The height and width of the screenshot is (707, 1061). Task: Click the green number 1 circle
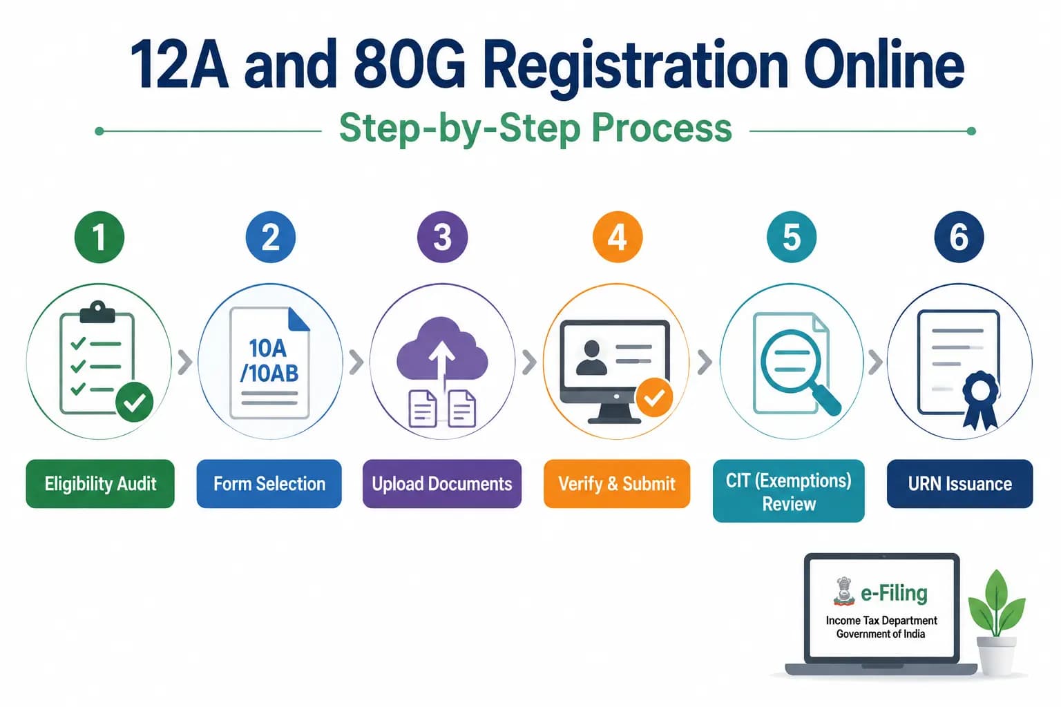coord(99,237)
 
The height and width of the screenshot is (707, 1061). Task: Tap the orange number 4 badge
coord(618,237)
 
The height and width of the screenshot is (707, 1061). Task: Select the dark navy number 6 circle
coord(959,237)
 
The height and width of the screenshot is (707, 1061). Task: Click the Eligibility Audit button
coord(100,483)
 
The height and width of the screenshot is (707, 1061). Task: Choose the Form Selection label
coord(269,483)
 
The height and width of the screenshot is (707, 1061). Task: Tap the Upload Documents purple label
coord(442,483)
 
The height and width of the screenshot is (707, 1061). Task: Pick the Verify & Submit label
coord(617,483)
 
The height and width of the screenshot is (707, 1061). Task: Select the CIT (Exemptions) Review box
coord(789,491)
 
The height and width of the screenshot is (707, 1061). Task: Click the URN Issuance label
coord(959,483)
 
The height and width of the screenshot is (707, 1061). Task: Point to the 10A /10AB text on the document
coord(269,361)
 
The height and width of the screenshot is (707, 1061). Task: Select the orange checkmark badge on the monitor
coord(654,397)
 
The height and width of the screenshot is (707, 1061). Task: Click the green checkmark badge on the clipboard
coord(135,402)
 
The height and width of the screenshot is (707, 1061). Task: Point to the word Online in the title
coord(884,64)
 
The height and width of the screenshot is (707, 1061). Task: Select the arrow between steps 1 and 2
coord(184,362)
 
